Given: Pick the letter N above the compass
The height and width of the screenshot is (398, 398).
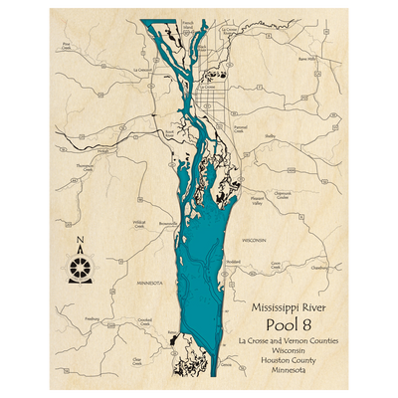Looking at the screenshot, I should [81, 240].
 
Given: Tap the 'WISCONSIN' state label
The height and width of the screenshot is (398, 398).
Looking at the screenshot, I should [254, 241].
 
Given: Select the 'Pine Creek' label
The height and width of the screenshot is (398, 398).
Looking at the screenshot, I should [67, 45].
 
